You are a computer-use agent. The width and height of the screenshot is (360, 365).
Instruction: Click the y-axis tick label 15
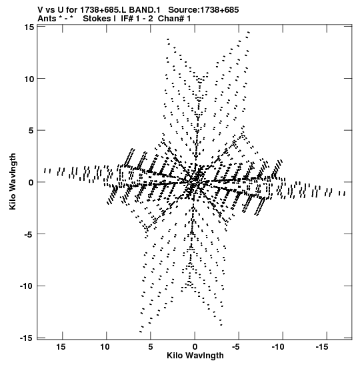pyautogui.click(x=29, y=27)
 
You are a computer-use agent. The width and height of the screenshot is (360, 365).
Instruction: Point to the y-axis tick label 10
pyautogui.click(x=29, y=79)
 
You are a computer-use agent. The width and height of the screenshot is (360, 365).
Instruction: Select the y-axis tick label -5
pyautogui.click(x=29, y=234)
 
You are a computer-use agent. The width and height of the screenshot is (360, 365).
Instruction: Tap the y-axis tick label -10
pyautogui.click(x=27, y=286)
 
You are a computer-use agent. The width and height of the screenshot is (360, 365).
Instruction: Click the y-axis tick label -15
pyautogui.click(x=27, y=338)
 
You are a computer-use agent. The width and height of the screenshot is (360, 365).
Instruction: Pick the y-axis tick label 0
pyautogui.click(x=31, y=183)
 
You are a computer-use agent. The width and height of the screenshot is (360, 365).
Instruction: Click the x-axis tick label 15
pyautogui.click(x=61, y=347)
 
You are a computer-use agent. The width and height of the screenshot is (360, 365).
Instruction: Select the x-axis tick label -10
pyautogui.click(x=278, y=347)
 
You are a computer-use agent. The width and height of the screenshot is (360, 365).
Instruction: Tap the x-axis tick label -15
pyautogui.click(x=322, y=347)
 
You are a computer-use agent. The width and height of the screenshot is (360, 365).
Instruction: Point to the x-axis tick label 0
pyautogui.click(x=195, y=347)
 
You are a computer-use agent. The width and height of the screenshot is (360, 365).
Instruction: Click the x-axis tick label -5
pyautogui.click(x=236, y=347)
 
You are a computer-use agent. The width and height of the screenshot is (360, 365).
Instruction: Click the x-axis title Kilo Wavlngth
pyautogui.click(x=195, y=356)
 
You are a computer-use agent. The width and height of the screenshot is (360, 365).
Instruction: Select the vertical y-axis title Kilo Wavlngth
pyautogui.click(x=13, y=181)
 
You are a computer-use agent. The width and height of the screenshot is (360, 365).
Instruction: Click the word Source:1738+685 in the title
pyautogui.click(x=203, y=10)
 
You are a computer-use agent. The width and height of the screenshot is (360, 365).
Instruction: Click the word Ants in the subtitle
pyautogui.click(x=47, y=19)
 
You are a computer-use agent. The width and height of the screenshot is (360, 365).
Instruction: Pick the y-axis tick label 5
pyautogui.click(x=31, y=131)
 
